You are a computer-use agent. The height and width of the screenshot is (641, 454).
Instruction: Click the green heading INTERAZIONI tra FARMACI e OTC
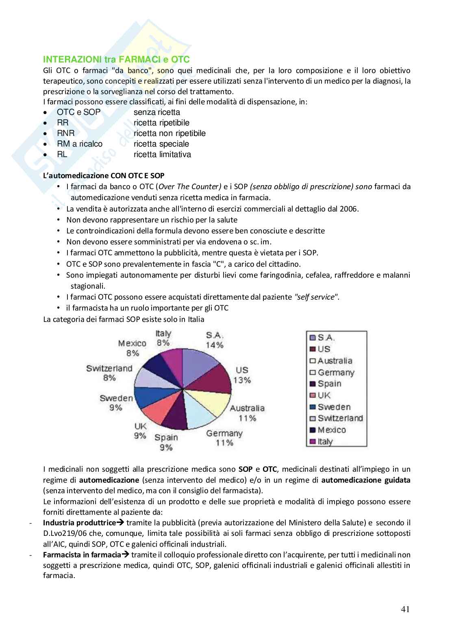click(116, 60)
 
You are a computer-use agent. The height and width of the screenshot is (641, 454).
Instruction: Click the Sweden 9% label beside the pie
click(116, 402)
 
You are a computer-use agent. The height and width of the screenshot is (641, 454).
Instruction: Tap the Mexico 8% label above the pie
click(132, 348)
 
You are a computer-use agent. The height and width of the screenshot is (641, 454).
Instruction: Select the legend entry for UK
click(324, 395)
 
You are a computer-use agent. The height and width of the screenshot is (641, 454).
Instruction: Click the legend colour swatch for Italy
click(313, 442)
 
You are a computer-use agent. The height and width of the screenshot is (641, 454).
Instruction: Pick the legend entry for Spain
click(329, 384)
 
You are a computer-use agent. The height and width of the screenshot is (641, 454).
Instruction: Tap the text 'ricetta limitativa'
click(162, 155)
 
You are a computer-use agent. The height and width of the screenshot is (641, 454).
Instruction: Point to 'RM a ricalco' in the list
click(80, 144)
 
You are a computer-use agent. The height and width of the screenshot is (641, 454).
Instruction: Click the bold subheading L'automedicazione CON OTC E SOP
click(104, 175)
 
